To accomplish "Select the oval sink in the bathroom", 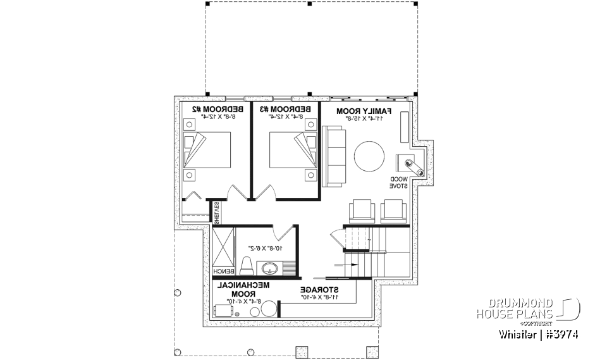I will pyautogui.click(x=271, y=267).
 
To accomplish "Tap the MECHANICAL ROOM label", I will pyautogui.click(x=245, y=289).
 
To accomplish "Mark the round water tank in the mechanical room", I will pyautogui.click(x=269, y=309).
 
